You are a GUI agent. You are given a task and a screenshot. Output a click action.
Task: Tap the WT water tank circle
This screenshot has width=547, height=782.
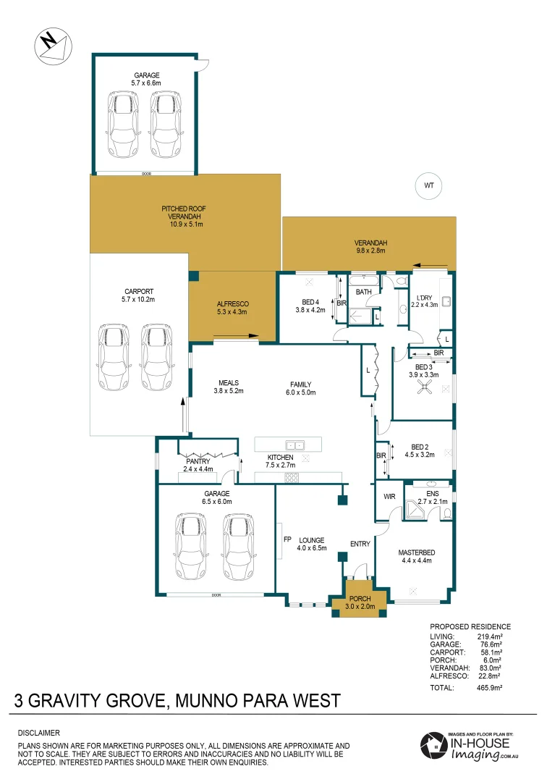(x=428, y=185)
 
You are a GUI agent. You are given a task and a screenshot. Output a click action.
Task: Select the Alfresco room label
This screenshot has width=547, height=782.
(x=232, y=308)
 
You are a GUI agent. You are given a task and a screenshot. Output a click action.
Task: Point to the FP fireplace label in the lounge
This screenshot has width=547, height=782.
(x=287, y=539)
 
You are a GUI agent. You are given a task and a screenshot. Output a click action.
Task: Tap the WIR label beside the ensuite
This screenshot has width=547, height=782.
(x=388, y=497)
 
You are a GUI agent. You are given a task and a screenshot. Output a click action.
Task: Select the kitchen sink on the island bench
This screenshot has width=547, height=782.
(x=294, y=445)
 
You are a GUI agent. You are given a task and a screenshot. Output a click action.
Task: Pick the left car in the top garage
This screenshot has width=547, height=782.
(x=123, y=125)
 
